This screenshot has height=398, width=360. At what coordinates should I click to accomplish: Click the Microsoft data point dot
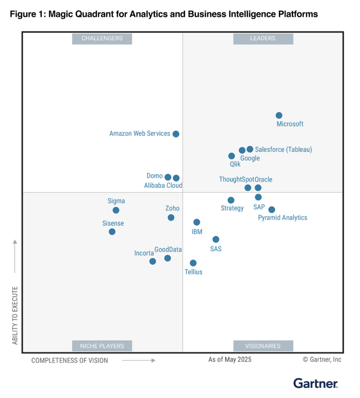pos(279,115)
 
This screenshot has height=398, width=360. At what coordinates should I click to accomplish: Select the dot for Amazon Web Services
pos(176,134)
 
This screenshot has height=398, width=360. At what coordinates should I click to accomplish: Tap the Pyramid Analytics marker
pos(272,210)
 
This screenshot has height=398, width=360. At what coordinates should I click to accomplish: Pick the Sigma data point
pos(116,210)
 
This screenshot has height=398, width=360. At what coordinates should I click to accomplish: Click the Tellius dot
pos(193,263)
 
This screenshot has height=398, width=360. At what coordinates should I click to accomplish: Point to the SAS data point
pos(216,239)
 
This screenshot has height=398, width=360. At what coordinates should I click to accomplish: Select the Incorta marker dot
pos(153,261)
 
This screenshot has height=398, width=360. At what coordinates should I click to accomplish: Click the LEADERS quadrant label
pos(263,39)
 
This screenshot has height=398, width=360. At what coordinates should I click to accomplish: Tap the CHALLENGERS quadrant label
pos(102,39)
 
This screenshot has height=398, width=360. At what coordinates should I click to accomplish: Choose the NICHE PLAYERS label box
pos(102,346)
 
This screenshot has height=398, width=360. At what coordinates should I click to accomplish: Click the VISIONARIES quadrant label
pos(263,346)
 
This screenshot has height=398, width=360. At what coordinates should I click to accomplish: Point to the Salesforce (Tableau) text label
pos(283,150)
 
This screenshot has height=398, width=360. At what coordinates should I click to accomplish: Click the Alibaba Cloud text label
pos(163,185)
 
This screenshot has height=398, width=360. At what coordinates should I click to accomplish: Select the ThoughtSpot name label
pos(236,180)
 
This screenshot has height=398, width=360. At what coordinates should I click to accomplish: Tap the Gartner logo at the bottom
pos(315,383)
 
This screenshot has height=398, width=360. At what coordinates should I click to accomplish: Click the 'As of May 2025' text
pos(229,359)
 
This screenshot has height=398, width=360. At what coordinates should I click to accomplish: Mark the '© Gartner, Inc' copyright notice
pos(322,359)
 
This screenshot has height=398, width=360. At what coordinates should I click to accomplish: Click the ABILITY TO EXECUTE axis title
pos(15,316)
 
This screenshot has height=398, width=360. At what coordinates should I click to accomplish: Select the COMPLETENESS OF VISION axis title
pos(70,361)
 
